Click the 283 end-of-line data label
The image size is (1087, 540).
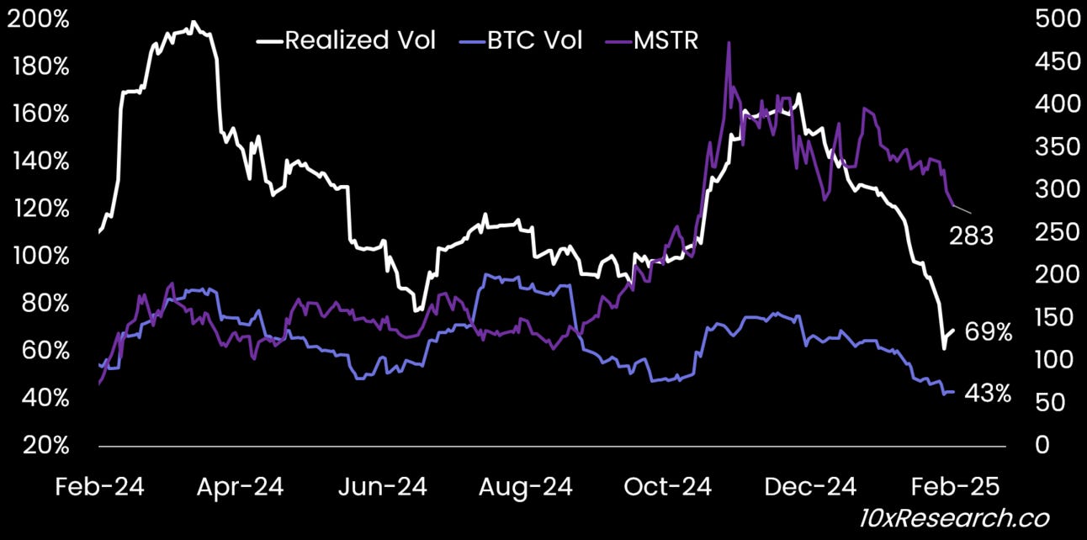[971, 236]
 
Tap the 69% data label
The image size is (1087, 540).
[988, 333]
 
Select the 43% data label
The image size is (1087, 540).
[988, 393]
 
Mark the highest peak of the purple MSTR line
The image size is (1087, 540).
[728, 42]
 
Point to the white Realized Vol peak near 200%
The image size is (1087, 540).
[194, 23]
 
